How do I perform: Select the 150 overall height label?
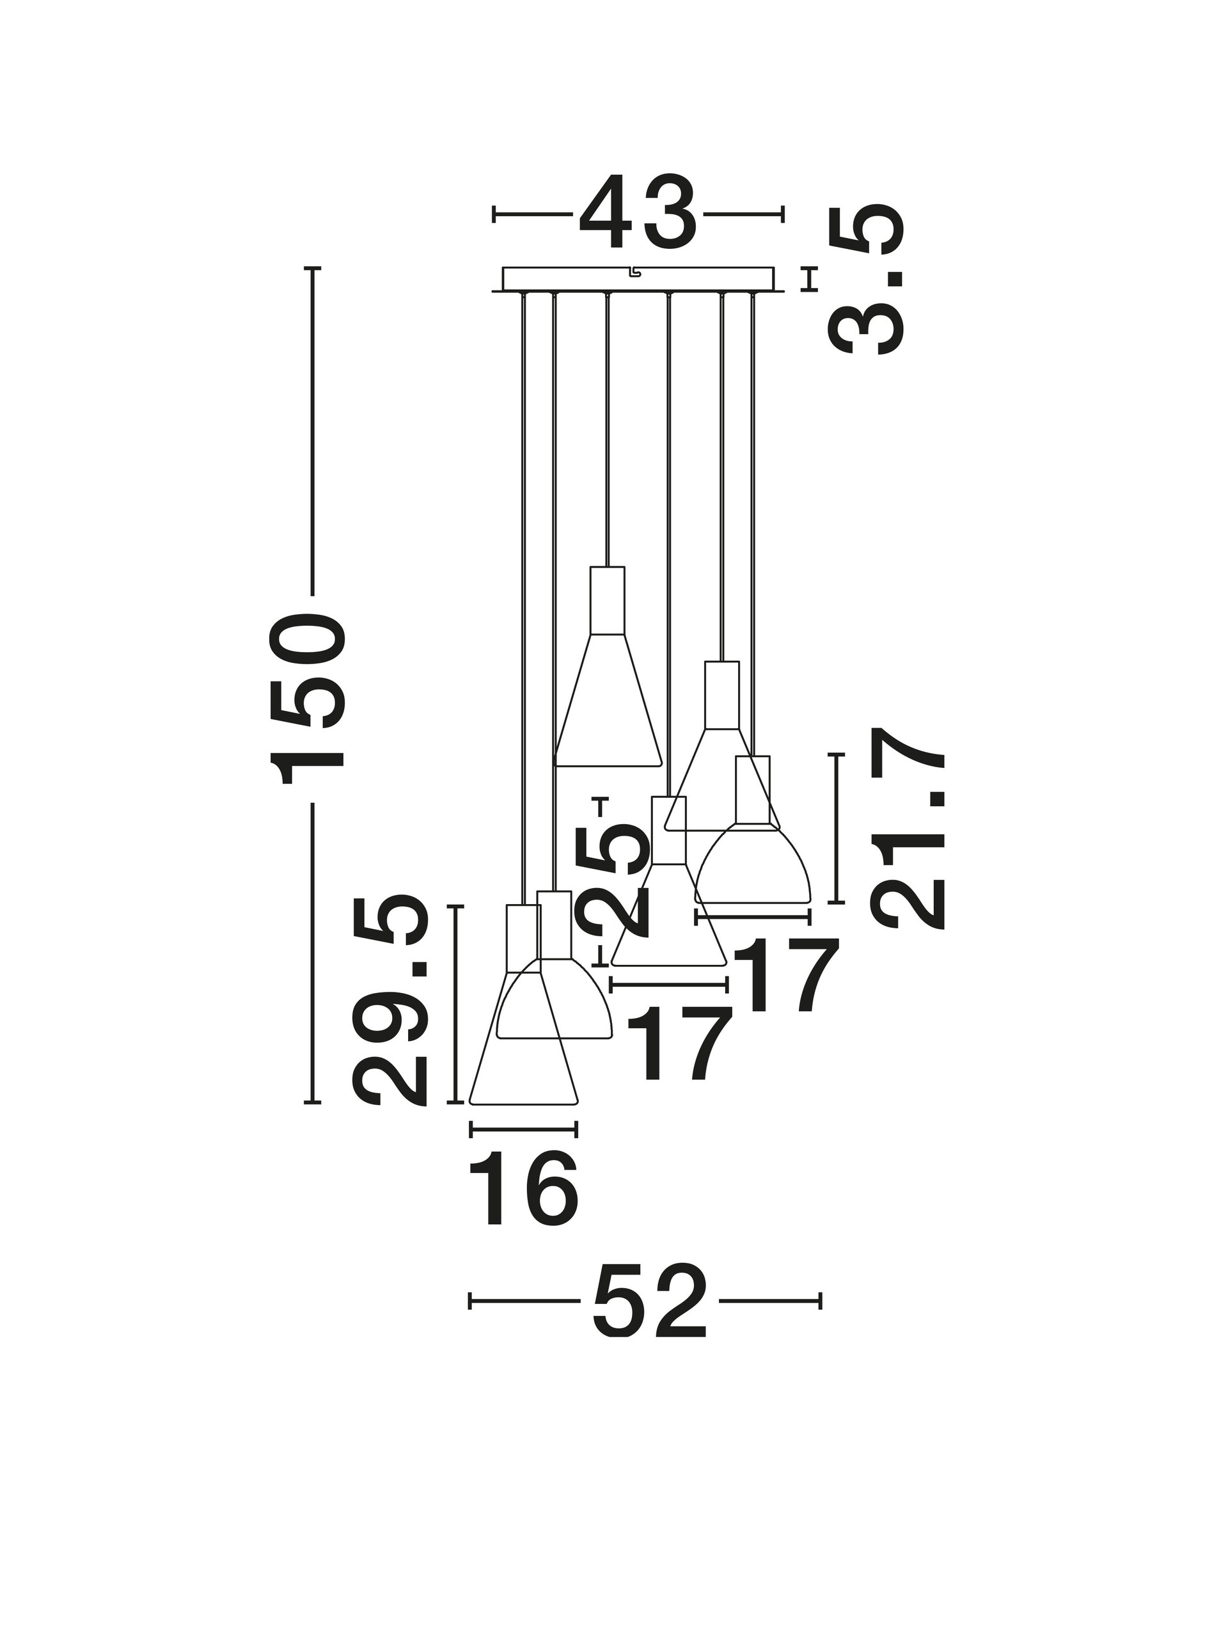(308, 699)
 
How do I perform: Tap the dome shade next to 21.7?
(753, 862)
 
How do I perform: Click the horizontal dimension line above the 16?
(523, 1149)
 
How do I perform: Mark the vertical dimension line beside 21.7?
(837, 828)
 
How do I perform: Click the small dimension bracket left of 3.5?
(810, 278)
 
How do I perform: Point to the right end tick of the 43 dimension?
(782, 215)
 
